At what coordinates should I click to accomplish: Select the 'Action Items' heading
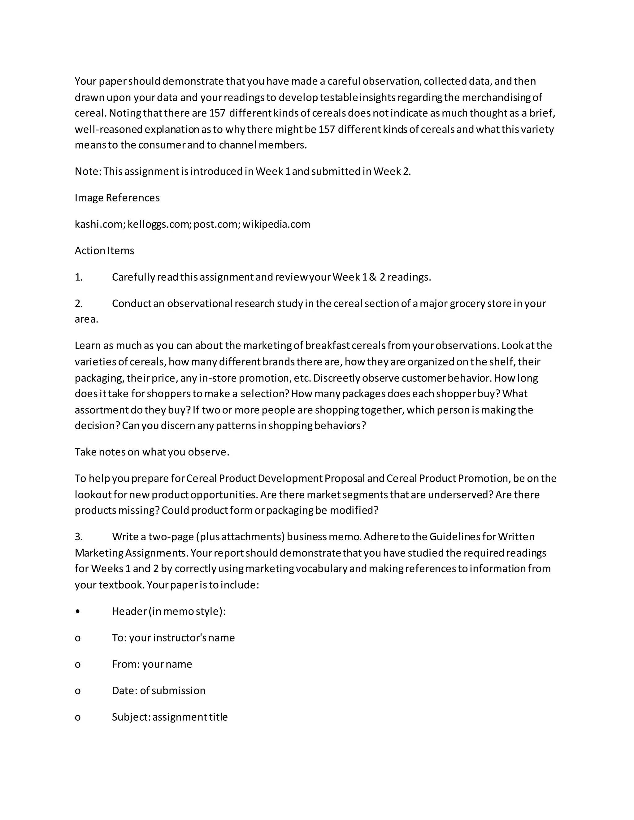tap(104, 251)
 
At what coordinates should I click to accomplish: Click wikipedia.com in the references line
tap(276, 225)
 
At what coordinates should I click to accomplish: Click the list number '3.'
tap(79, 537)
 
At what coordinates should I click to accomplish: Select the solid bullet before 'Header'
tap(77, 612)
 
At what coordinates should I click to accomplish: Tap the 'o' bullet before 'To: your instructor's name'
tap(77, 638)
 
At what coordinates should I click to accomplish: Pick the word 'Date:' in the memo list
tap(125, 691)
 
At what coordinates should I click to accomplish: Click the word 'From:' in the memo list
tap(126, 665)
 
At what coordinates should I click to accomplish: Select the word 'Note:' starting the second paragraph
tap(88, 172)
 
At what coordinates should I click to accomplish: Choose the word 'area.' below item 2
tap(86, 320)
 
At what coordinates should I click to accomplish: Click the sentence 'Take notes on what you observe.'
tap(152, 452)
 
